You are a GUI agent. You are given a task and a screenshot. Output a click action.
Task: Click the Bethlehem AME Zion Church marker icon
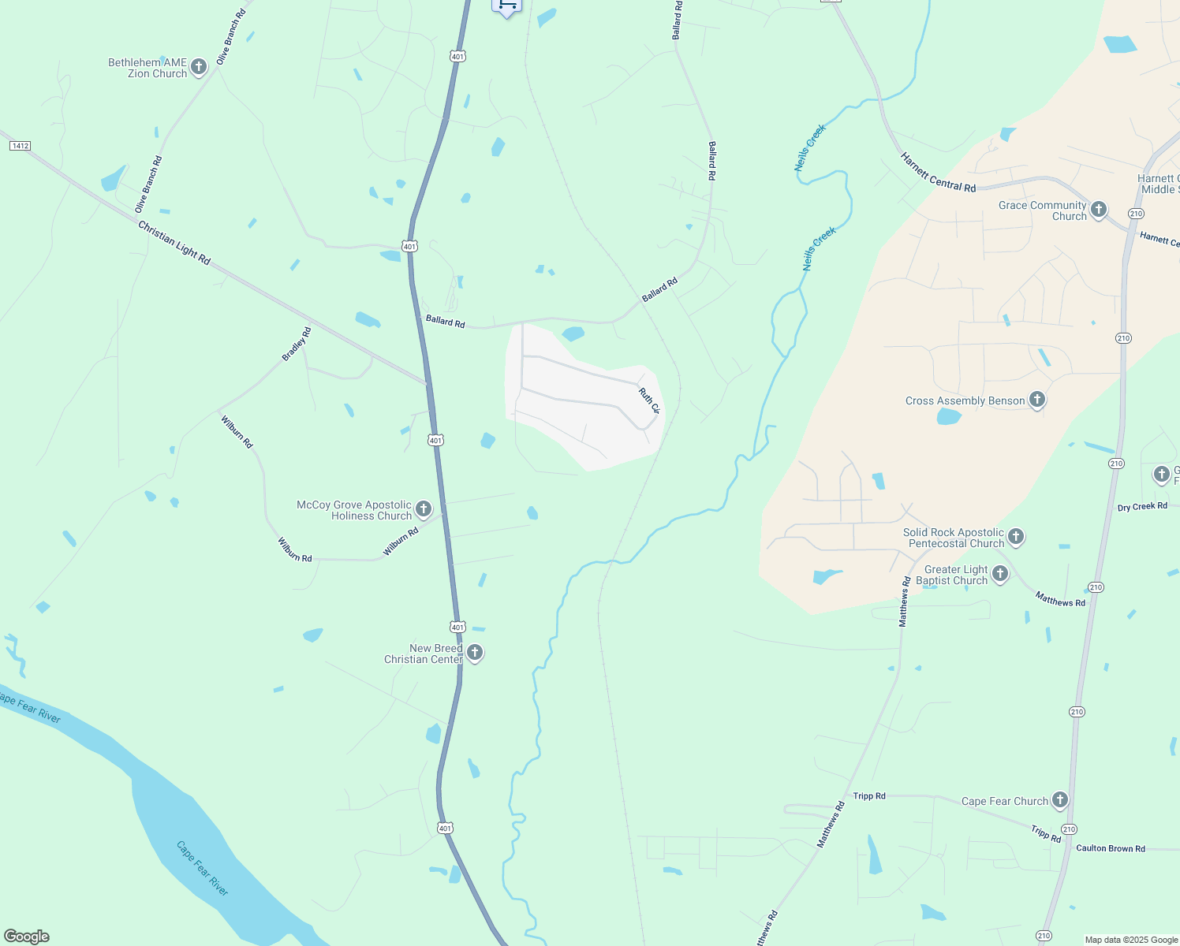tap(199, 67)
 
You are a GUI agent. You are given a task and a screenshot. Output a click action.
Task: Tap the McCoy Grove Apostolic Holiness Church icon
tap(424, 509)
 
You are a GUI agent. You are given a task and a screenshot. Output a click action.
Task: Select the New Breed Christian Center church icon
tap(475, 653)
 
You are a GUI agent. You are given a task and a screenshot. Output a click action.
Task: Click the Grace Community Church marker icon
tap(1098, 210)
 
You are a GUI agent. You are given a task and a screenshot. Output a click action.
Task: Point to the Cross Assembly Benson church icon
tap(1037, 400)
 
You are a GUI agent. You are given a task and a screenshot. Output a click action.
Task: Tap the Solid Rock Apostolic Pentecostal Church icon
tap(1016, 537)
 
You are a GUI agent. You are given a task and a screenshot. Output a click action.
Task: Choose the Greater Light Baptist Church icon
tap(1000, 574)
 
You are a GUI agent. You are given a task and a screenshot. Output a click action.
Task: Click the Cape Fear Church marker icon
tap(1060, 800)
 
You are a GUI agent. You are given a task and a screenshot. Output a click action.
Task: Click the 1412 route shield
tap(20, 146)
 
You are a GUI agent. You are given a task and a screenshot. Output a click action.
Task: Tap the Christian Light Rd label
tap(174, 243)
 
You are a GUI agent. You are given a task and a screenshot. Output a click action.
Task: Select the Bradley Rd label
tap(297, 345)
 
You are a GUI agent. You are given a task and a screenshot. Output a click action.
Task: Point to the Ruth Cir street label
tap(648, 400)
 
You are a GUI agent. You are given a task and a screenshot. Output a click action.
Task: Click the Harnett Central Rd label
tap(938, 173)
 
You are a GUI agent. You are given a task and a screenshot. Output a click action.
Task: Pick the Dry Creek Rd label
tap(1142, 507)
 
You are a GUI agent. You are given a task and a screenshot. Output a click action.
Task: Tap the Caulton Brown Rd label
tap(1110, 848)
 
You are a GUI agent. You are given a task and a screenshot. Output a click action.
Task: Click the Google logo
tap(27, 936)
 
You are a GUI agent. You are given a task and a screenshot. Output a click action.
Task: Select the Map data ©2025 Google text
tap(1131, 940)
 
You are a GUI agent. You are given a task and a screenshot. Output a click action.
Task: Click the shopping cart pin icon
tap(506, 6)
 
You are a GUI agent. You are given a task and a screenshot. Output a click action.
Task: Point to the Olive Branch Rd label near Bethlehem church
tap(231, 36)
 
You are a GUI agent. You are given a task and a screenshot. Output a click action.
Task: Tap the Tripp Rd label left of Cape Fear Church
tap(869, 796)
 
